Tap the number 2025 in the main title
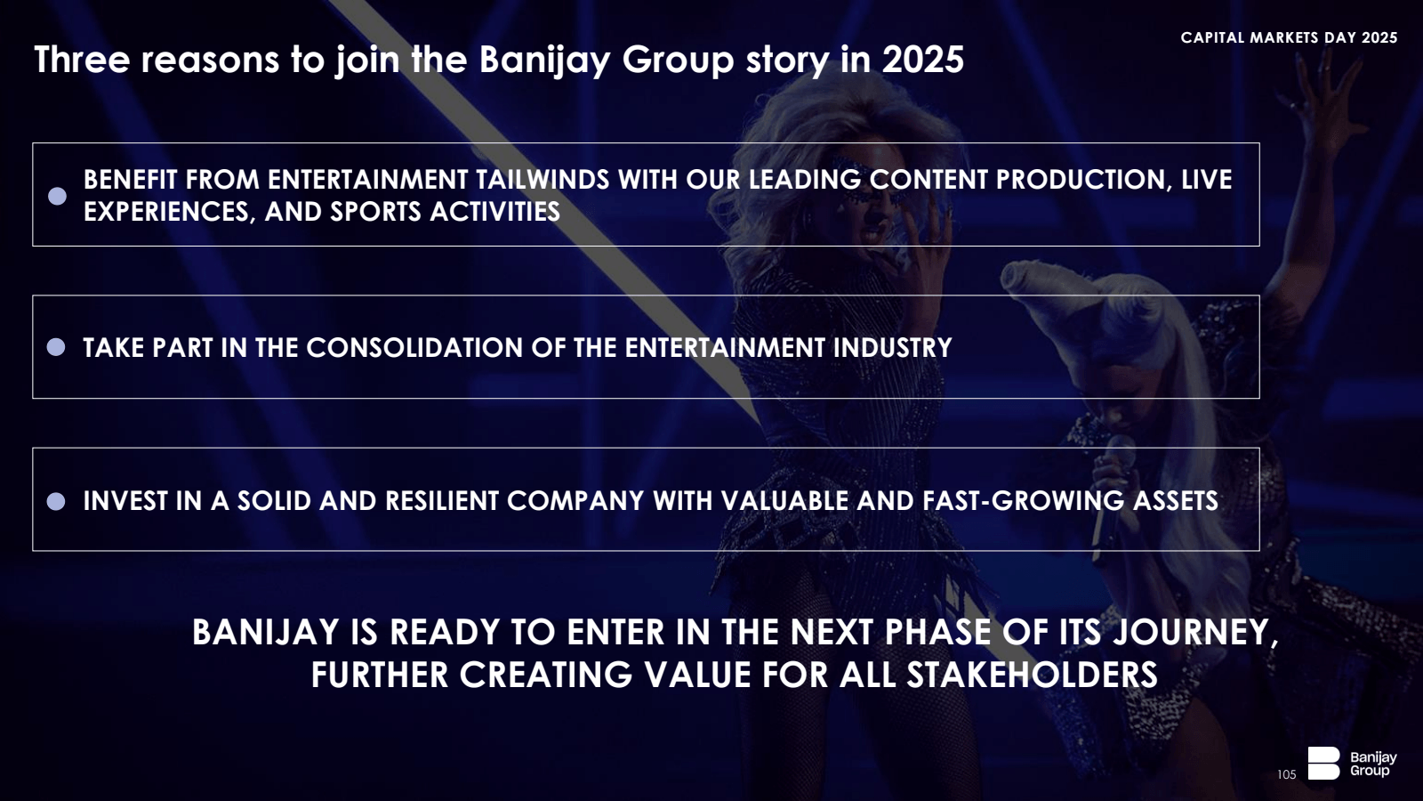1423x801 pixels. click(x=922, y=60)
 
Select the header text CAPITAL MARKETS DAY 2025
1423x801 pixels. click(x=1289, y=37)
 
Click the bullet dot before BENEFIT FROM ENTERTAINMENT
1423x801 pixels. click(x=57, y=196)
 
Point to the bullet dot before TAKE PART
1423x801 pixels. click(x=56, y=347)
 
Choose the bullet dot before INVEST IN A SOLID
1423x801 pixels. click(x=56, y=502)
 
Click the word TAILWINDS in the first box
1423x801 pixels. click(x=543, y=180)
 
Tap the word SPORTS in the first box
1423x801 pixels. click(x=375, y=212)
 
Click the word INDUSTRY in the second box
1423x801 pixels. click(x=892, y=348)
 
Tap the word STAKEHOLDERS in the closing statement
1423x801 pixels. click(x=1032, y=675)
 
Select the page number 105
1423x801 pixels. click(x=1286, y=774)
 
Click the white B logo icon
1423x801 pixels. click(x=1323, y=763)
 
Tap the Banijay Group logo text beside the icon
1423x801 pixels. click(x=1373, y=764)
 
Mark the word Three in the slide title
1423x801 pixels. click(x=82, y=60)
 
